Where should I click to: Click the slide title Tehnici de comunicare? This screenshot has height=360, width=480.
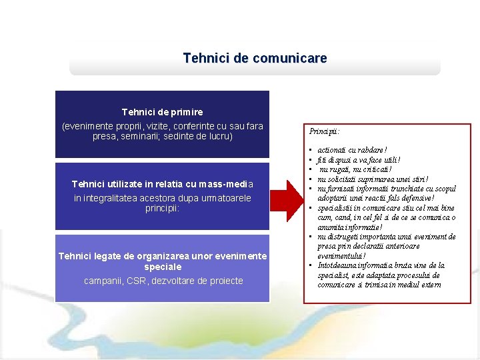255,59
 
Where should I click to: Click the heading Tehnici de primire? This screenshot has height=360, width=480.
162,112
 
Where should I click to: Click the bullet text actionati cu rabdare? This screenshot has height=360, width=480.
353,151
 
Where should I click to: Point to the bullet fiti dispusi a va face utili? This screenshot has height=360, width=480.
359,160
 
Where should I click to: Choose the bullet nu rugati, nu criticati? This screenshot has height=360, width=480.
353,169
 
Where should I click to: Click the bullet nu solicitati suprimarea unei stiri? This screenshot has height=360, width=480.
373,179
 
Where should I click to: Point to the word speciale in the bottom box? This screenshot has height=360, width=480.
162,267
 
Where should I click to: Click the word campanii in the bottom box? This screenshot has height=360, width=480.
103,281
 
